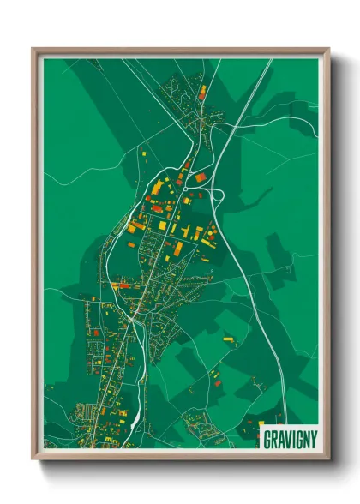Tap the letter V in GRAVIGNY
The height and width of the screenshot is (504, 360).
coord(285,438)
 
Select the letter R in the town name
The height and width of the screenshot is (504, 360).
coord(273,438)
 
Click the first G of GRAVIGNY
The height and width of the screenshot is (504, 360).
coord(266,438)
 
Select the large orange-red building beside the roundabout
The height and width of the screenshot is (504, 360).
coord(200,177)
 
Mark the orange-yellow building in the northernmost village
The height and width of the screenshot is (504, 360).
coord(202,89)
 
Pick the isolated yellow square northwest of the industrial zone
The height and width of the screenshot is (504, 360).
coord(144,153)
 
